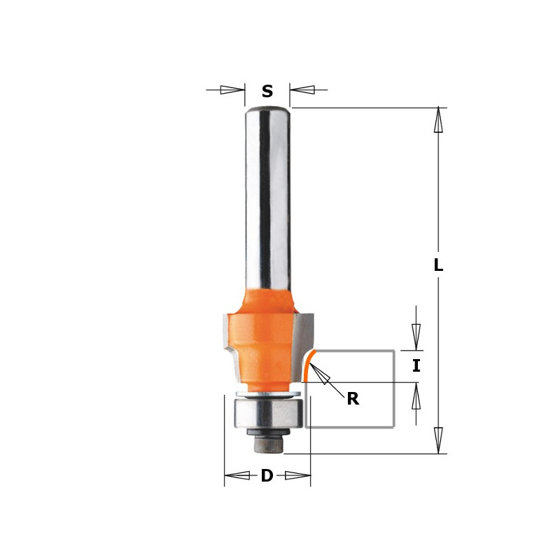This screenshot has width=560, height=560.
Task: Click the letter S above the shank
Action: click(x=267, y=92)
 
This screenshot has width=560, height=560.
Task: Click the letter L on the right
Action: click(x=438, y=265)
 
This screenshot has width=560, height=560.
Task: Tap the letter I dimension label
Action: click(x=416, y=366)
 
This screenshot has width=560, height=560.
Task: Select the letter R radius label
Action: click(x=353, y=398)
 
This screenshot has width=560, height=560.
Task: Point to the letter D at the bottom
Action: click(x=267, y=475)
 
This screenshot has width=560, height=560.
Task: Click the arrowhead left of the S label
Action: click(x=232, y=90)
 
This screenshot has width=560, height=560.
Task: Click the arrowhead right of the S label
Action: click(x=302, y=90)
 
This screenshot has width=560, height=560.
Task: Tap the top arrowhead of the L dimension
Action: click(x=438, y=120)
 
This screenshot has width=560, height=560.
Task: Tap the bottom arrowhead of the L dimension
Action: click(x=438, y=440)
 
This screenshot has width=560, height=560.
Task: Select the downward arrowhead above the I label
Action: click(x=416, y=337)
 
